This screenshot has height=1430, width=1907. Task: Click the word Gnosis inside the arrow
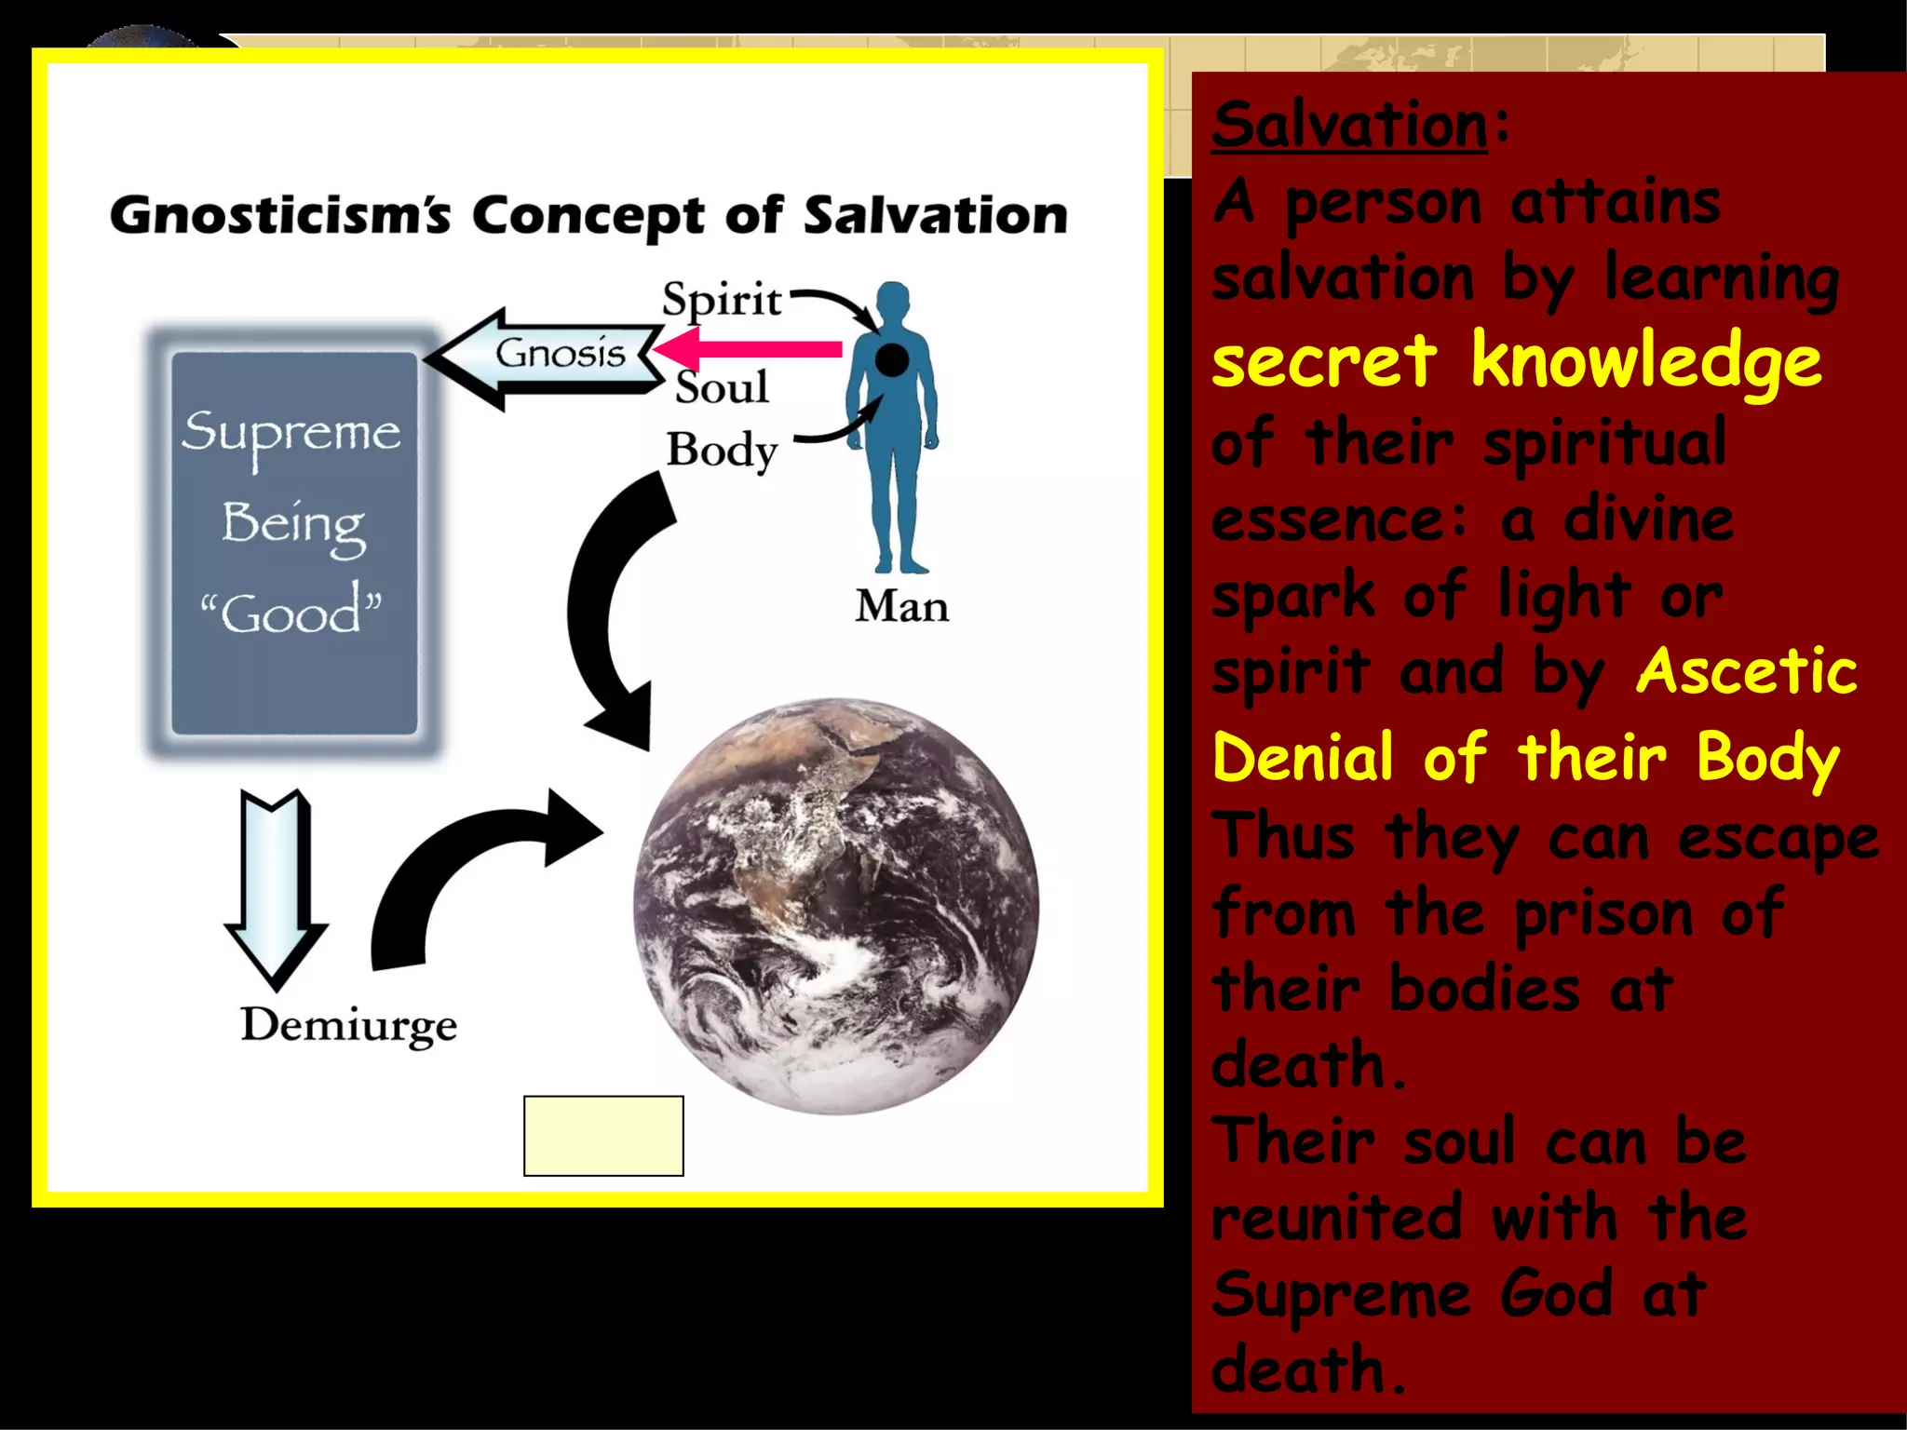pyautogui.click(x=560, y=354)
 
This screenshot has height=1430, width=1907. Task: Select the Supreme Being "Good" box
pyautogui.click(x=293, y=543)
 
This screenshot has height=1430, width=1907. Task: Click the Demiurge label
pyautogui.click(x=348, y=1025)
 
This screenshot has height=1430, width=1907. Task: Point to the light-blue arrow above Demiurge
pyautogui.click(x=276, y=884)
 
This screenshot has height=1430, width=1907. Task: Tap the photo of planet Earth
pyautogui.click(x=836, y=905)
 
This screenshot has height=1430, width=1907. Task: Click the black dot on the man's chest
pyautogui.click(x=892, y=359)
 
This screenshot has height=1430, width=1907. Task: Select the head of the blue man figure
pyautogui.click(x=893, y=303)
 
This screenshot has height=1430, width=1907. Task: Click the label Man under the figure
pyautogui.click(x=901, y=607)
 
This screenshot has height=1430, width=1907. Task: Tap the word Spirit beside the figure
pyautogui.click(x=722, y=300)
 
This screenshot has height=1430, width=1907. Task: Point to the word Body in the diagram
pyautogui.click(x=722, y=450)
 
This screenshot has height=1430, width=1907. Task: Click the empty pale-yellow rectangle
pyautogui.click(x=603, y=1136)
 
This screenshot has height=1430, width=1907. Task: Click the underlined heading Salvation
pyautogui.click(x=1349, y=125)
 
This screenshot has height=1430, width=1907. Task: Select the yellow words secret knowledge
pyautogui.click(x=1515, y=361)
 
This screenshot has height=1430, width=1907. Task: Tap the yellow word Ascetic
pyautogui.click(x=1746, y=671)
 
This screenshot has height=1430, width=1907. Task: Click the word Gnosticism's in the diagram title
pyautogui.click(x=280, y=216)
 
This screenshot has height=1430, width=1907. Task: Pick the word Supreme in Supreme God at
pyautogui.click(x=1341, y=1295)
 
